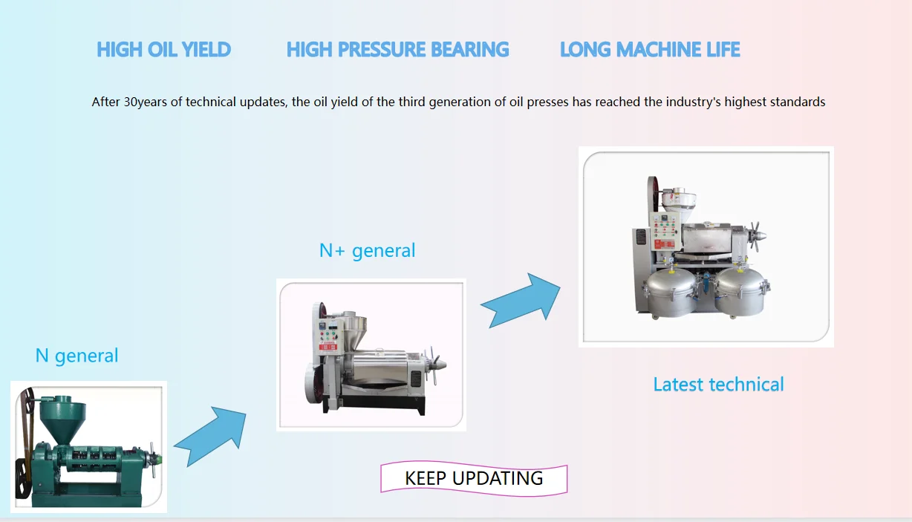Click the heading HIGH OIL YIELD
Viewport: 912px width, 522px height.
pos(163,50)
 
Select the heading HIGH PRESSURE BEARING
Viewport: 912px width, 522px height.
pos(397,50)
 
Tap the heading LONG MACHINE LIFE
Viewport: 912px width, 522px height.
pos(650,50)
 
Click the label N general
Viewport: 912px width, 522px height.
pos(76,356)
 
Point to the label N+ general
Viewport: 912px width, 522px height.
pos(367,250)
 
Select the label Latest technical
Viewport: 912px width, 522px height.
pos(718,384)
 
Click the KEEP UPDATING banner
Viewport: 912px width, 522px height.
pos(474,478)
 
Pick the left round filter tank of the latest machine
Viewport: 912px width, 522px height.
pos(671,293)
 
